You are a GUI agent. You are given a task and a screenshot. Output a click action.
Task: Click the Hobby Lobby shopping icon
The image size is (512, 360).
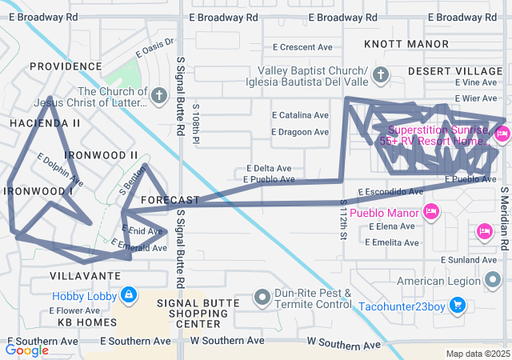128,296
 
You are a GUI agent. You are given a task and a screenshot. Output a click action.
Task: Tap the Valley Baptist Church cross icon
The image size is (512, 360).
381,76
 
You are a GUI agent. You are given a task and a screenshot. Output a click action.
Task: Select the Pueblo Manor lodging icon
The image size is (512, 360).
431,212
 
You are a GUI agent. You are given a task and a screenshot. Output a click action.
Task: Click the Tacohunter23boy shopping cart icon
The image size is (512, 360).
457,304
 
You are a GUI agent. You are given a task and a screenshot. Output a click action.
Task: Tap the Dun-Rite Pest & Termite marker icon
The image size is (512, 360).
262,298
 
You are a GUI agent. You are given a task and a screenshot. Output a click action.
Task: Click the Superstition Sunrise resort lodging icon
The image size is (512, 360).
502,134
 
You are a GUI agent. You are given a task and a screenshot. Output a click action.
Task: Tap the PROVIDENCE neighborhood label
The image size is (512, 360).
66,66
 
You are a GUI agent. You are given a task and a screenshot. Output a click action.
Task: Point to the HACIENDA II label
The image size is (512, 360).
45,123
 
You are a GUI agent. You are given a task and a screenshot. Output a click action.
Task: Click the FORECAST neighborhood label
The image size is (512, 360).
170,199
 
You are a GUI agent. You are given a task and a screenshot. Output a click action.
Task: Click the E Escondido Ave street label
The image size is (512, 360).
390,192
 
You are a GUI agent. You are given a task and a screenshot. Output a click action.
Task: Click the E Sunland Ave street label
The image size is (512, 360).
470,260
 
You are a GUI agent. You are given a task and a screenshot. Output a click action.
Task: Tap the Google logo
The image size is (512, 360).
27,350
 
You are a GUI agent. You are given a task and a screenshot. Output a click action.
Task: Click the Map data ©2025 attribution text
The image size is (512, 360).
477,354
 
